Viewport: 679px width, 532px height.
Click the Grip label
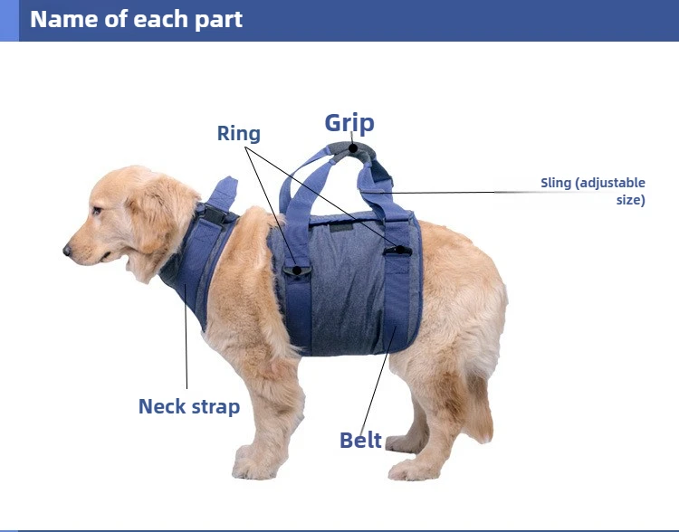pos(349,123)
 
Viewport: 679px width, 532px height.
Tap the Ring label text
pos(239,133)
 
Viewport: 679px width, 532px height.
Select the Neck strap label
pos(189,406)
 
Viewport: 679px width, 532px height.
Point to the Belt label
pos(360,441)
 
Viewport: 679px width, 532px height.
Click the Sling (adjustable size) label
pos(593,191)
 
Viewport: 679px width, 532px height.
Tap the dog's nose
pos(67,251)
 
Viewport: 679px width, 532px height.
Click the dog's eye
pos(97,211)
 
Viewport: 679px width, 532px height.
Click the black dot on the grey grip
pos(353,148)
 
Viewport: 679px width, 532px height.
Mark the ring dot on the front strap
pos(297,271)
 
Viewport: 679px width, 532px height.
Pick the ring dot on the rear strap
pos(400,250)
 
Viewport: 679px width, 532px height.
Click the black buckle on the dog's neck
pos(214,214)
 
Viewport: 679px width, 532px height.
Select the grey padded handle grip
pos(351,151)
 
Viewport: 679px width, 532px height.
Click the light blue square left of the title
pos(9,20)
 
